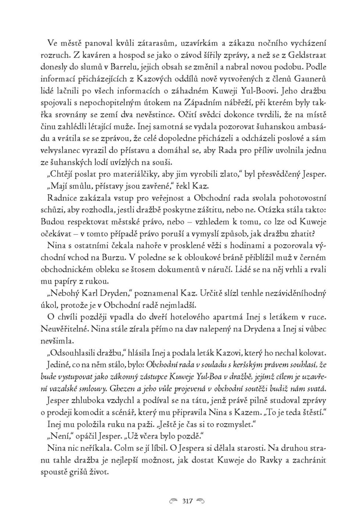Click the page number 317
[187, 501]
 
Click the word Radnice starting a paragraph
[62, 198]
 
